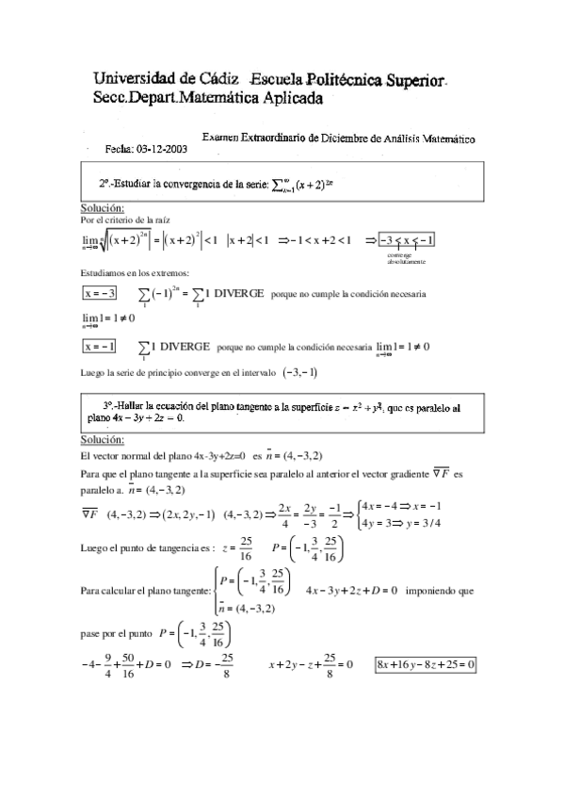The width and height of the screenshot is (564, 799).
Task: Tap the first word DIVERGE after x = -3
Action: click(238, 293)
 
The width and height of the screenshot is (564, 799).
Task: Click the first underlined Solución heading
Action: click(103, 207)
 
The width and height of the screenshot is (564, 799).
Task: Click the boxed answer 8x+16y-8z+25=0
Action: click(425, 665)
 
